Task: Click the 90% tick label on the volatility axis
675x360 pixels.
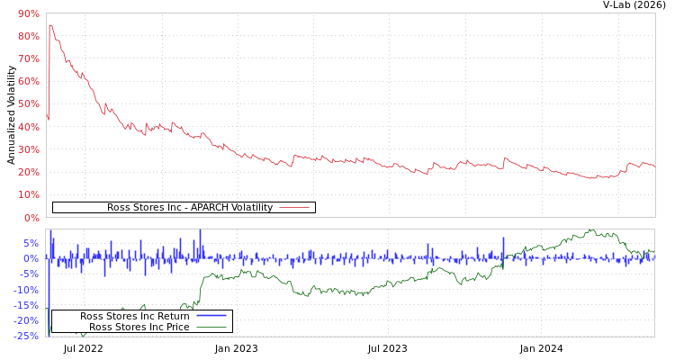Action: (28, 13)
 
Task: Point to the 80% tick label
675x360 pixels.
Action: (28, 36)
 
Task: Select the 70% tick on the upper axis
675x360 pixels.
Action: (28, 58)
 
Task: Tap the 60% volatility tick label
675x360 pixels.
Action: (28, 81)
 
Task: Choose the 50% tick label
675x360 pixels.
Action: (28, 104)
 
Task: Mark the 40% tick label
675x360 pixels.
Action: (28, 127)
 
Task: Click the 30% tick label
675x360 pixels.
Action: (28, 149)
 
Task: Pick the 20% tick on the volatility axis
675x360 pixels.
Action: (28, 172)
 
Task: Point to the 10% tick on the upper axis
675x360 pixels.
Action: (28, 194)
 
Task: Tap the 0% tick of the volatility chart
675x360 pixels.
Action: (31, 218)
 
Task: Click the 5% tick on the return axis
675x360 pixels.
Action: (31, 243)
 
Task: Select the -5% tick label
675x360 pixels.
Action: (29, 274)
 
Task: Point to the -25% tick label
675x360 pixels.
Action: (26, 337)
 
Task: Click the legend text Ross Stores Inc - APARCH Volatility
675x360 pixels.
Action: (189, 208)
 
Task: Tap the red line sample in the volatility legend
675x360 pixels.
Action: (294, 208)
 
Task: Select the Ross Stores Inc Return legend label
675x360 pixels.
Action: (134, 316)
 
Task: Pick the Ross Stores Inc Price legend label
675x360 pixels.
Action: (139, 327)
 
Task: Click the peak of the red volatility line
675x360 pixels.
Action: (50, 25)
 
